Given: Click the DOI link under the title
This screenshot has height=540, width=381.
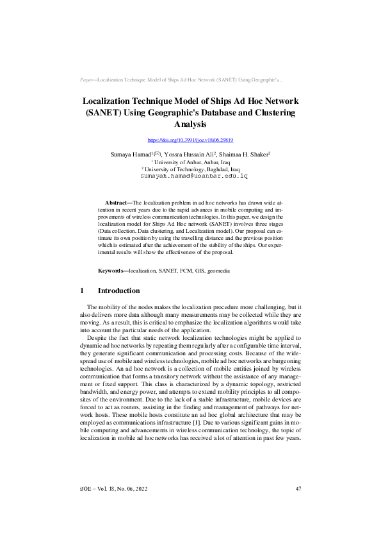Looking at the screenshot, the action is coord(190,140).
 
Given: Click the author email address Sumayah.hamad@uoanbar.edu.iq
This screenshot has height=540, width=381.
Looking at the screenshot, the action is coord(190,174).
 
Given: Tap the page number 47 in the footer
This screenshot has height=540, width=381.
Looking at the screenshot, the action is coord(298,489).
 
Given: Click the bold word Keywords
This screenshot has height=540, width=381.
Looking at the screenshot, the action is coord(112,271).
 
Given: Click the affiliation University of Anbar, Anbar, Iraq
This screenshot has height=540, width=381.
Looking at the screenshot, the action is coord(191,162).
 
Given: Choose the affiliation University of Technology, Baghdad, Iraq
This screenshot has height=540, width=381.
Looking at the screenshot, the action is coord(191,168).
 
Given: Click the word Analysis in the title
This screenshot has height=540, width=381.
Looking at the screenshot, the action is coord(190,124).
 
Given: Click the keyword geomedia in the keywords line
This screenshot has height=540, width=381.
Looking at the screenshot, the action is coord(216,271).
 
